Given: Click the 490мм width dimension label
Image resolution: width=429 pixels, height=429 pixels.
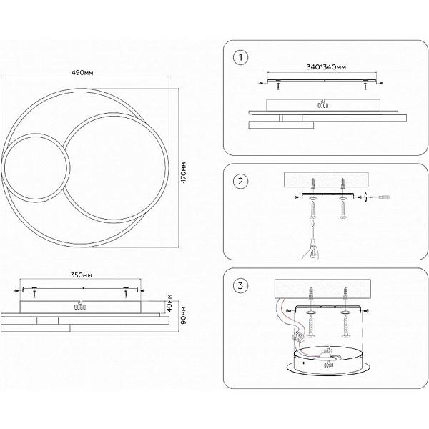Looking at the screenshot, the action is (x=82, y=72).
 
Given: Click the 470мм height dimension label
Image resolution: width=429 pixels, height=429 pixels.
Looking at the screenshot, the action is (x=184, y=172).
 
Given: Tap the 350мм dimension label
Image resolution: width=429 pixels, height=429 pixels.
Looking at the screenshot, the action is (x=82, y=275).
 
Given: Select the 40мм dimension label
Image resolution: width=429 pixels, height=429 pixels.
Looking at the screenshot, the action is (x=169, y=303).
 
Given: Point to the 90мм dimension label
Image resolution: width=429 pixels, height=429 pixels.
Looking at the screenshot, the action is (x=184, y=315).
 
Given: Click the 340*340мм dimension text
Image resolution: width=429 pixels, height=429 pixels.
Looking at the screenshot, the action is (x=326, y=67).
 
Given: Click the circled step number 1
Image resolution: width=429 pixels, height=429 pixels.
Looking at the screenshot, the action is (x=240, y=57).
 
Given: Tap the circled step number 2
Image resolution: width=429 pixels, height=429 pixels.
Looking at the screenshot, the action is (x=240, y=181).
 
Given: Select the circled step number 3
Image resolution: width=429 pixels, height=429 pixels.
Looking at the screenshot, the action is (x=240, y=285).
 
